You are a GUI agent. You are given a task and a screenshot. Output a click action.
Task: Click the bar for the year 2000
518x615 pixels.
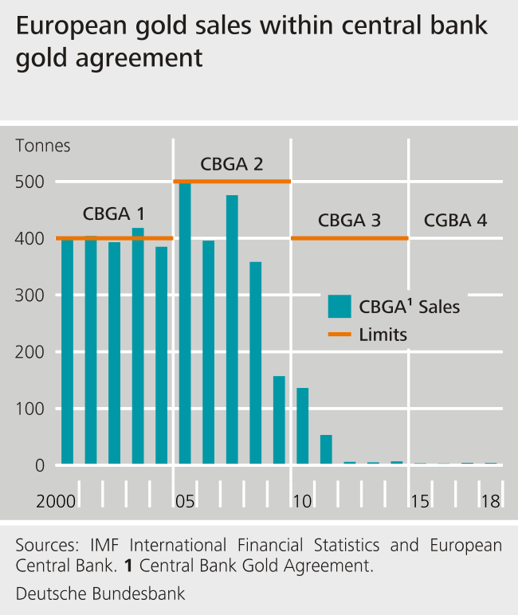67,351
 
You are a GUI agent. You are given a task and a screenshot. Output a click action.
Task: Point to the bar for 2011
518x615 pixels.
326,449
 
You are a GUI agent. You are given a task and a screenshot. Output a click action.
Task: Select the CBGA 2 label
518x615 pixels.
232,165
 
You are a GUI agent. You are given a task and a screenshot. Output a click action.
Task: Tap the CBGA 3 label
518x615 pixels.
349,221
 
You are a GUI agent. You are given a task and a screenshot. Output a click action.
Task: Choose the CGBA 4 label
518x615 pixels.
455,221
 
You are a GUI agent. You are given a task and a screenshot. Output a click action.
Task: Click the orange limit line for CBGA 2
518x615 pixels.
232,182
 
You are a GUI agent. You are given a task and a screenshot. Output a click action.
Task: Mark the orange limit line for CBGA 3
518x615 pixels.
349,238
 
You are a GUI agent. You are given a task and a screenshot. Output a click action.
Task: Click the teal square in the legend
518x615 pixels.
339,306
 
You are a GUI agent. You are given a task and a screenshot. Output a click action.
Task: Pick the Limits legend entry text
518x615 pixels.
383,335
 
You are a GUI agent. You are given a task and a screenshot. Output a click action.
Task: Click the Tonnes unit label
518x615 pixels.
43,146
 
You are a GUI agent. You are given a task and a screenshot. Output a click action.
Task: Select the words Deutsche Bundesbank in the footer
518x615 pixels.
100,593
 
